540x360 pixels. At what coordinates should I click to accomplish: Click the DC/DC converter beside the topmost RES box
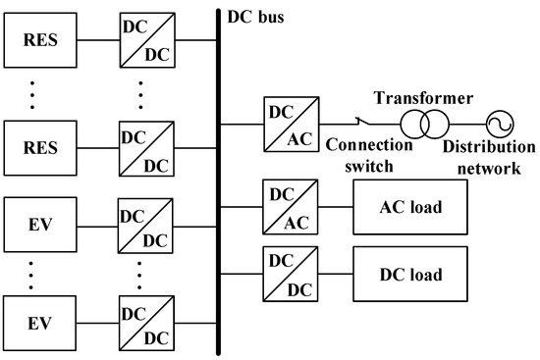click(144, 41)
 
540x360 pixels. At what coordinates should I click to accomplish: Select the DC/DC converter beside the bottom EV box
click(144, 322)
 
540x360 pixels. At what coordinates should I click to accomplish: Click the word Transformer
click(425, 99)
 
